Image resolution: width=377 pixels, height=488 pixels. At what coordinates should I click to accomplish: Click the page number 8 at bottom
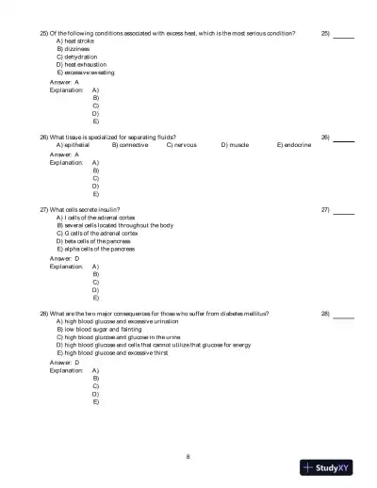[188, 456]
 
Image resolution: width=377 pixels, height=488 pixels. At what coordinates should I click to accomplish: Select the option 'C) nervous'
[182, 145]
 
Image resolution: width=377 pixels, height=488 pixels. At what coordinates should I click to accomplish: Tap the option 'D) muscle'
[235, 145]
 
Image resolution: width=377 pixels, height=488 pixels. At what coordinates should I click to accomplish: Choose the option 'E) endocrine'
[294, 145]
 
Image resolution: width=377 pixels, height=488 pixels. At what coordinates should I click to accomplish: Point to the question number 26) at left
[44, 137]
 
